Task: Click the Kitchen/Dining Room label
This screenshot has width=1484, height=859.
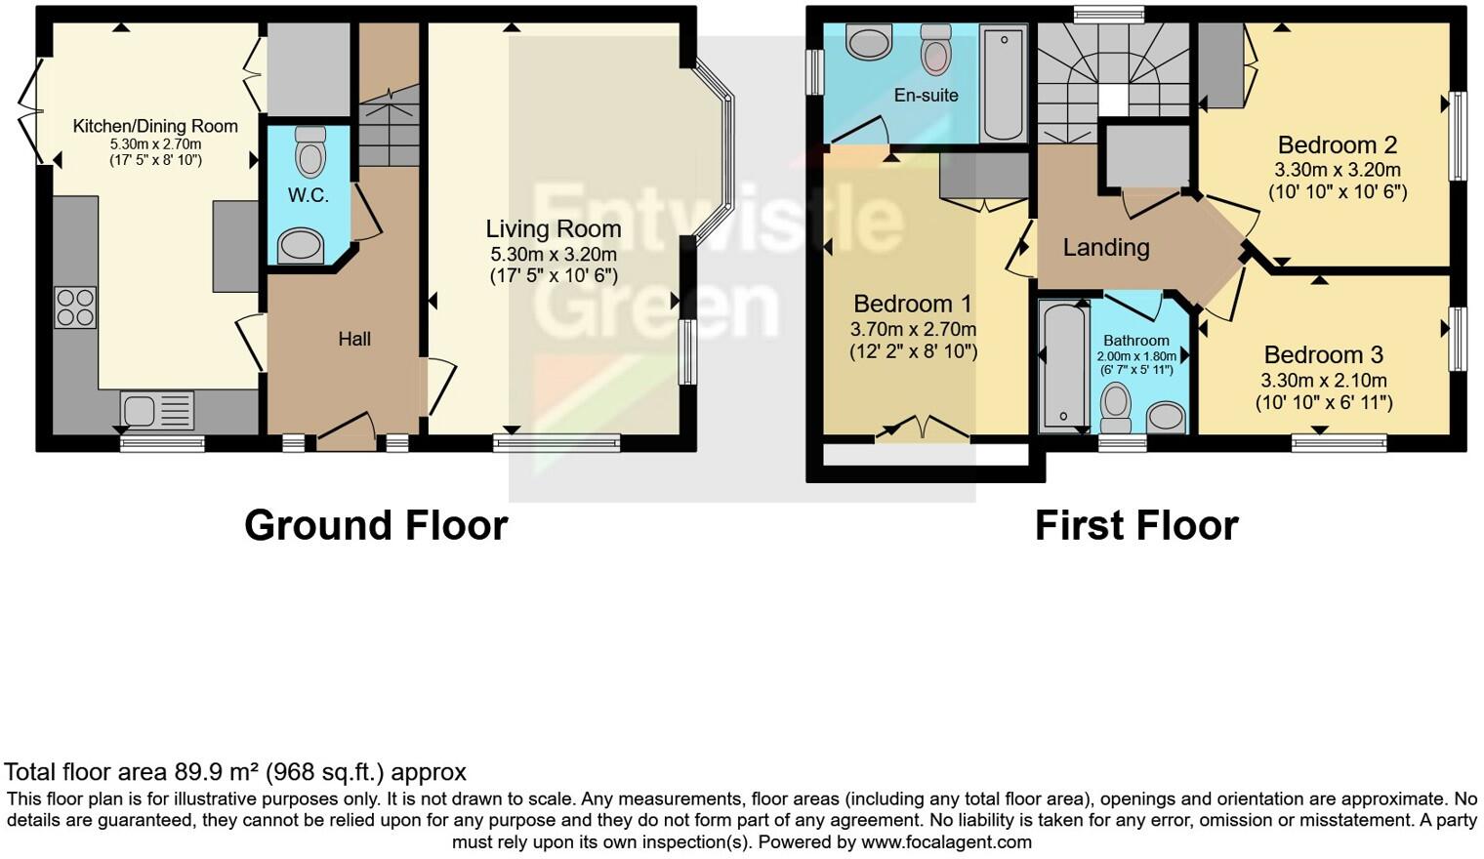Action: [x=155, y=126]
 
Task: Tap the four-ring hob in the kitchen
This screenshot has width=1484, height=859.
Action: [x=75, y=307]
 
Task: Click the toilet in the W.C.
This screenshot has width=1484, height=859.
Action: [x=310, y=151]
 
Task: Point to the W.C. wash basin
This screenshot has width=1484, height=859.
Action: [x=301, y=246]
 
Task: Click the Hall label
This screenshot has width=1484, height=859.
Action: [x=354, y=339]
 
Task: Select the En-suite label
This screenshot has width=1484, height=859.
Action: [x=926, y=95]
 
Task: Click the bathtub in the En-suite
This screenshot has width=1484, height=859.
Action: [x=1003, y=84]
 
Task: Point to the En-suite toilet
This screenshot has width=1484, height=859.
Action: [x=936, y=49]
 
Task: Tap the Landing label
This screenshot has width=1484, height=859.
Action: [x=1105, y=247]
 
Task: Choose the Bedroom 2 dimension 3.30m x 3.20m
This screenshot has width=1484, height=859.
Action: [x=1337, y=170]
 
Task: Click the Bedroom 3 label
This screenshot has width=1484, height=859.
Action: [x=1323, y=354]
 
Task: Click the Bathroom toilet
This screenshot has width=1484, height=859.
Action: [x=1115, y=406]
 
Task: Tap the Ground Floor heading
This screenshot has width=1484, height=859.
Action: [x=376, y=525]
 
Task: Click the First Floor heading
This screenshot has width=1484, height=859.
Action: [x=1136, y=525]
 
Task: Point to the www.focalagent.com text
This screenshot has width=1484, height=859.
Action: [x=945, y=841]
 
